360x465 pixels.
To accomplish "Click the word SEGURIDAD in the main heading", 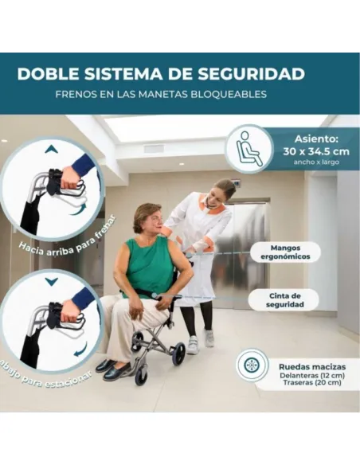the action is [251, 74].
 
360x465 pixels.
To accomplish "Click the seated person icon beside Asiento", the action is [248, 149].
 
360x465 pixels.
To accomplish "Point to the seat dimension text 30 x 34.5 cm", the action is [316, 151].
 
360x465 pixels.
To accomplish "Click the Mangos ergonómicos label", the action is [285, 252].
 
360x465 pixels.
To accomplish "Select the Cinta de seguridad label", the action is [284, 300].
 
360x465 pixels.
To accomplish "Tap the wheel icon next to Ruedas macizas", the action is [252, 365].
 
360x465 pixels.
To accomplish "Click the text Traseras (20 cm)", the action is [312, 382].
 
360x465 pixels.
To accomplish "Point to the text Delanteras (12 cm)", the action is [312, 376].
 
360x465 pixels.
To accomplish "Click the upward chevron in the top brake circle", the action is [51, 149].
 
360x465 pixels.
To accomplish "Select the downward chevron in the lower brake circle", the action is [51, 281].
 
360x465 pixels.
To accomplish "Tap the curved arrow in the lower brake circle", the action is [81, 350].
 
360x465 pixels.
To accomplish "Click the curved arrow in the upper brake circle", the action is [78, 209].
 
